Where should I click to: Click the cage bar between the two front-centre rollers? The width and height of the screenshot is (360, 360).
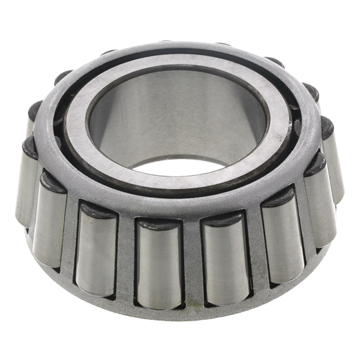tap(188, 264)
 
